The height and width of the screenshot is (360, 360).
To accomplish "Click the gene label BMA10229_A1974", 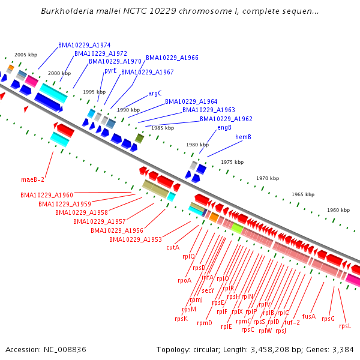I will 84,45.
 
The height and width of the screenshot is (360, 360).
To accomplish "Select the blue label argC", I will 155,93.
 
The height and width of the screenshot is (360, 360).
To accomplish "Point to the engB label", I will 224,127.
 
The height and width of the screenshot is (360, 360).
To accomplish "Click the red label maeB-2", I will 33,179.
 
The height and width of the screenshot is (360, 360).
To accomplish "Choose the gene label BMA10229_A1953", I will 135,239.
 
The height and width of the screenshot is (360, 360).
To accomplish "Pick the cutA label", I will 173,247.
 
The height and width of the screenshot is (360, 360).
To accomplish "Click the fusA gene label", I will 309,316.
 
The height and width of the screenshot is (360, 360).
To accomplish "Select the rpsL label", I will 345,326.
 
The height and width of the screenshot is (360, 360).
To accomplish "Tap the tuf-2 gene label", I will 292,322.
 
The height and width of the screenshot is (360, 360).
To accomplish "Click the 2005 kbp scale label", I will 26,54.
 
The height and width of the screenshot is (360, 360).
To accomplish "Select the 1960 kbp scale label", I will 338,210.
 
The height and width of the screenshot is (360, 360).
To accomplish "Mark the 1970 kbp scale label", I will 268,178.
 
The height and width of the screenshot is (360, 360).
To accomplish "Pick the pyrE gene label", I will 110,70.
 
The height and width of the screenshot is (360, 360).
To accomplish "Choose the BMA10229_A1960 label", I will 46,195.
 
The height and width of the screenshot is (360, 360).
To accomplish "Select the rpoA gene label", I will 184,280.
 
